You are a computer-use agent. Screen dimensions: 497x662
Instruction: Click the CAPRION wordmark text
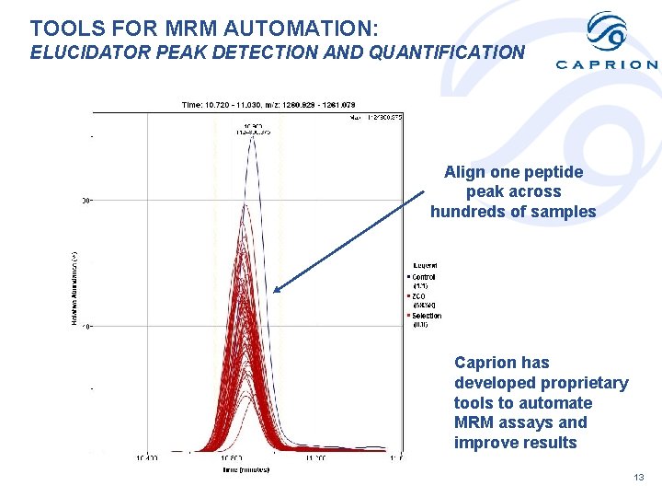(x=607, y=64)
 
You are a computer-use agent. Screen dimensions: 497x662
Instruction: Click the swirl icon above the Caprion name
(x=607, y=33)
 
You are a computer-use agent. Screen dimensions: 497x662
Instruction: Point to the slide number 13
(x=639, y=478)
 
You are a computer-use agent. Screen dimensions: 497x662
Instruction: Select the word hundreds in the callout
(x=466, y=212)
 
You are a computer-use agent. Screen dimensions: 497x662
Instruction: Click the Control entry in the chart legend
(x=424, y=277)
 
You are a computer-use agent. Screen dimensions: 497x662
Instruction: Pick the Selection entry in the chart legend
(x=426, y=316)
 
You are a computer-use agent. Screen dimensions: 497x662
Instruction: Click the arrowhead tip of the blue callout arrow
(x=275, y=291)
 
